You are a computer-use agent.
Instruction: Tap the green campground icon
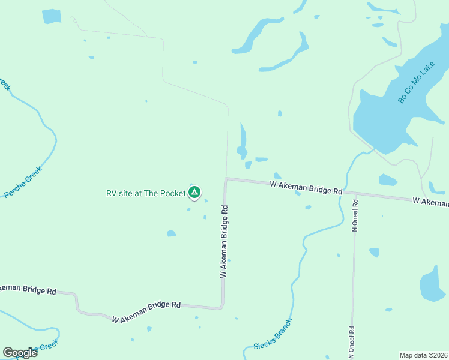pos(194,193)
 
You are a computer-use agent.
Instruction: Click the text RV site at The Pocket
pos(146,193)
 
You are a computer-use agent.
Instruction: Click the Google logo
pos(20,352)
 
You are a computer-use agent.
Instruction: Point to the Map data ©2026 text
pos(423,355)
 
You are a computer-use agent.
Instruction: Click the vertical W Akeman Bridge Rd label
pos(224,241)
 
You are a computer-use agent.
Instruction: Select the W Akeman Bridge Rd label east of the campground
pos(306,187)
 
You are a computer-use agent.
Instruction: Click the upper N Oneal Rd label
pos(355,215)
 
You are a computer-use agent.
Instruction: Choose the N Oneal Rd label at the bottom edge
pos(352,342)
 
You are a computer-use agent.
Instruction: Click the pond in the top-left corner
pos(52,16)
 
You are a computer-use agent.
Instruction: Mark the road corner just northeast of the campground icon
pos(226,179)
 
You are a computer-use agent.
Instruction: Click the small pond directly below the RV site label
pos(171,233)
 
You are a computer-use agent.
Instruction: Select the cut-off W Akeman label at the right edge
pos(430,202)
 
